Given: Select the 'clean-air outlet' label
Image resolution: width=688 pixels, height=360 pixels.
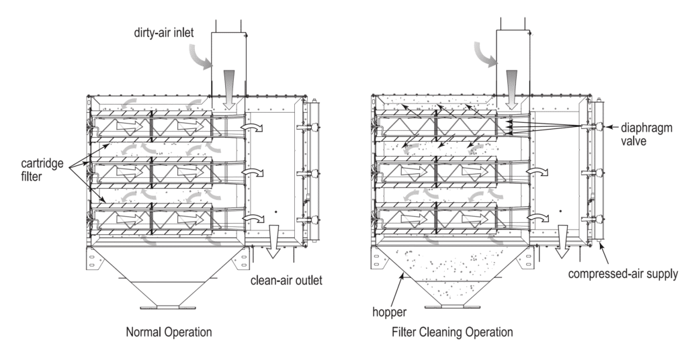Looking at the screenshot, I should click(x=286, y=281).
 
